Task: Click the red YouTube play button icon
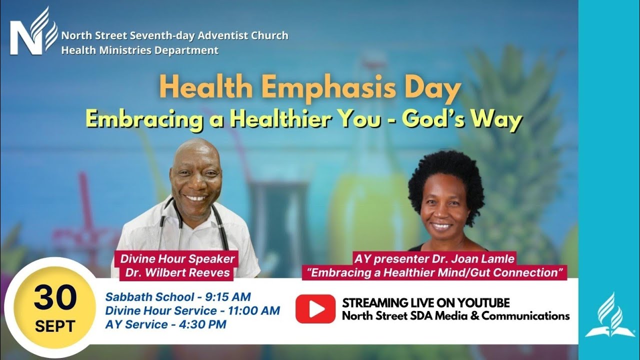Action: tap(315, 308)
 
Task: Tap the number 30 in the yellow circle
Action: tap(55, 298)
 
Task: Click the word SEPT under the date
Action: tap(55, 326)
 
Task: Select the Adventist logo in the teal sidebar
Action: tap(609, 315)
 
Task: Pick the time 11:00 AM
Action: tap(254, 310)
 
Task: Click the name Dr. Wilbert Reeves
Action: tap(185, 272)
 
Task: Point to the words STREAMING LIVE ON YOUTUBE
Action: tap(426, 303)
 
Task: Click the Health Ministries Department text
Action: tap(140, 50)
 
